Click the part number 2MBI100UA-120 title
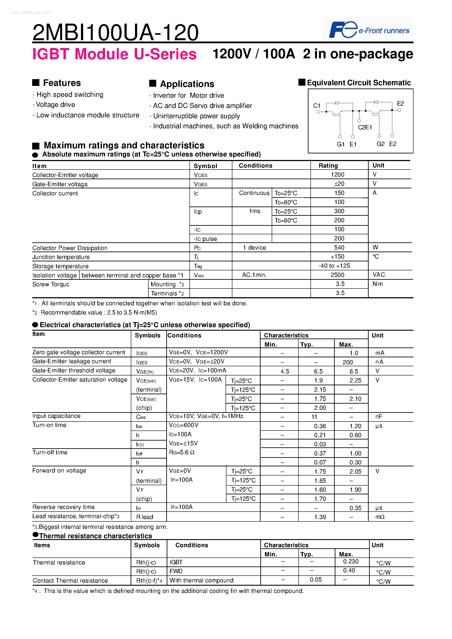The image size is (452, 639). (x=115, y=32)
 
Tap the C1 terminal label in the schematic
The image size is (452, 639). (x=317, y=106)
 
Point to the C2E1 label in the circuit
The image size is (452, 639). (x=365, y=127)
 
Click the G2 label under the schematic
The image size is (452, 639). (x=380, y=144)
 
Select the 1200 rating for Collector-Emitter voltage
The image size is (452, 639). (x=337, y=175)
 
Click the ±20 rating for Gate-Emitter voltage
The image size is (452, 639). (x=339, y=184)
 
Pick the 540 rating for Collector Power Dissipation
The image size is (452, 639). (x=339, y=248)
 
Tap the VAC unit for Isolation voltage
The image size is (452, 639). (x=378, y=275)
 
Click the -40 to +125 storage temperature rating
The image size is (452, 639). (x=334, y=266)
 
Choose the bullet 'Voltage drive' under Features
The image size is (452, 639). (x=55, y=105)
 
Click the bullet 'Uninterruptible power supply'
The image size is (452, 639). (x=196, y=116)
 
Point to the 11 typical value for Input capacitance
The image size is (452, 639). (x=314, y=417)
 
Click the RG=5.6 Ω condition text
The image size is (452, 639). (x=182, y=453)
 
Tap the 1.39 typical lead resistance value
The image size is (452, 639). (x=320, y=517)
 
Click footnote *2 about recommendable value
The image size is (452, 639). (x=95, y=313)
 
